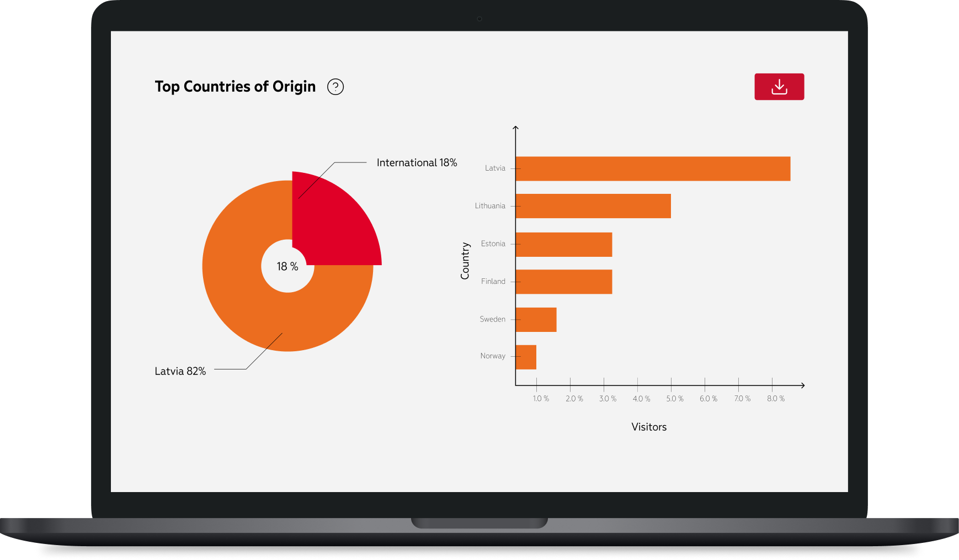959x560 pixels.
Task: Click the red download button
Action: point(779,87)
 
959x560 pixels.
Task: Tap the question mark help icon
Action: point(335,87)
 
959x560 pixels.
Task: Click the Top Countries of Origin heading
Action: point(235,87)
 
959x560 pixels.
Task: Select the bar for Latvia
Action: point(652,168)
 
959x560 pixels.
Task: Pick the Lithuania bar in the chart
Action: point(593,206)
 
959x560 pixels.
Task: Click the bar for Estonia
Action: point(563,244)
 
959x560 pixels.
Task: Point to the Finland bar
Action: point(563,282)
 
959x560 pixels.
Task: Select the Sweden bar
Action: point(536,320)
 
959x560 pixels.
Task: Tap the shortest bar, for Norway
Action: point(526,357)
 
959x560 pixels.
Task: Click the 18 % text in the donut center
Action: point(287,267)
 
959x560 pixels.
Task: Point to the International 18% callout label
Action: point(417,163)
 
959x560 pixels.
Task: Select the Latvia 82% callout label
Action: point(180,371)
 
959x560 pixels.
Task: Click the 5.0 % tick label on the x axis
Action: point(674,399)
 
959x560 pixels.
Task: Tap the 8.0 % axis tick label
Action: point(775,399)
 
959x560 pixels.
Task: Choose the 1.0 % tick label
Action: point(541,399)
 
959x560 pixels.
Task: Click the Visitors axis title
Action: point(649,427)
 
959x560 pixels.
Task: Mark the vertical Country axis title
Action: point(465,261)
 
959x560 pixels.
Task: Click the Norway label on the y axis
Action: point(493,356)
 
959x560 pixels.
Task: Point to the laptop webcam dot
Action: point(479,19)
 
